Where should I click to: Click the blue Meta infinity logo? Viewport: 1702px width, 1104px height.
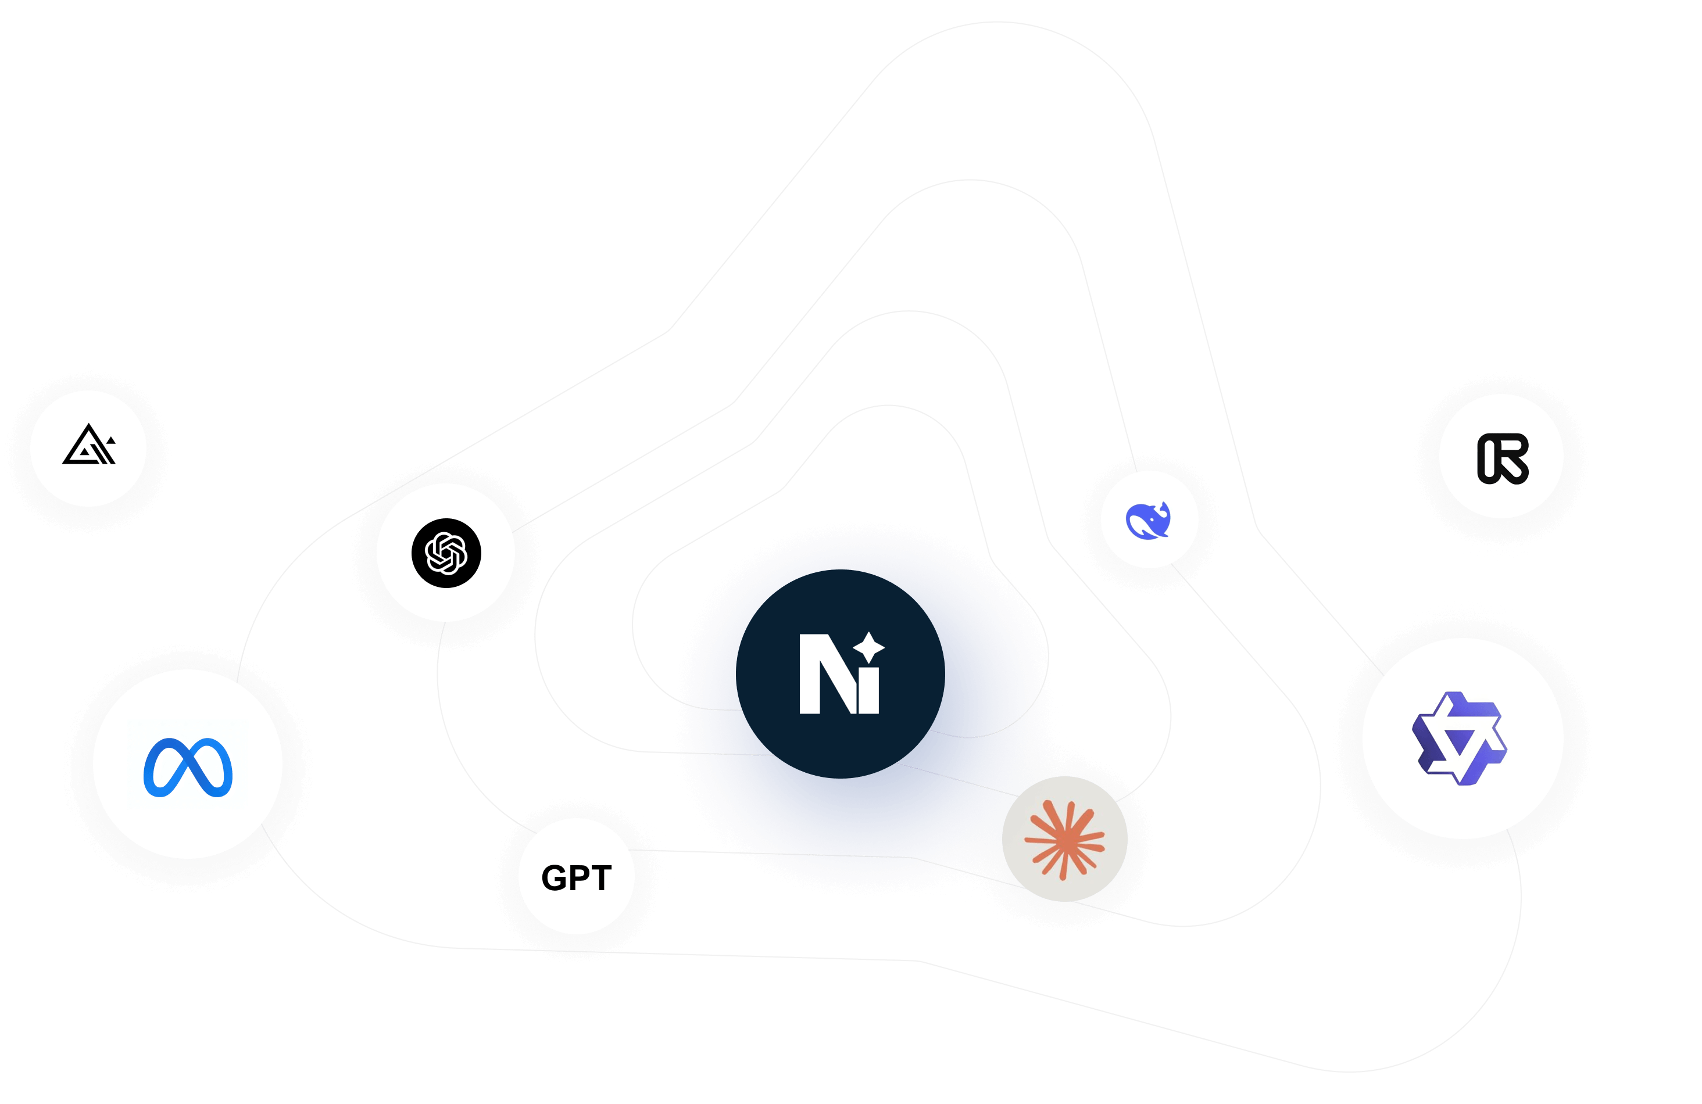(x=188, y=766)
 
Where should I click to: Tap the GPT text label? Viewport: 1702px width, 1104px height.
(x=577, y=877)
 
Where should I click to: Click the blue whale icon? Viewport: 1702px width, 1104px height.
(x=1148, y=521)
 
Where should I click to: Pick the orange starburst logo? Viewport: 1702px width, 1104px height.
(x=1064, y=840)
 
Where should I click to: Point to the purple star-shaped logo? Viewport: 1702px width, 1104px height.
(x=1459, y=739)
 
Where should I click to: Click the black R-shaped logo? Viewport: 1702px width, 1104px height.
(x=1502, y=458)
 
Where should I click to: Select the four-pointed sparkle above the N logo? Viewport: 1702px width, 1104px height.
(x=869, y=646)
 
